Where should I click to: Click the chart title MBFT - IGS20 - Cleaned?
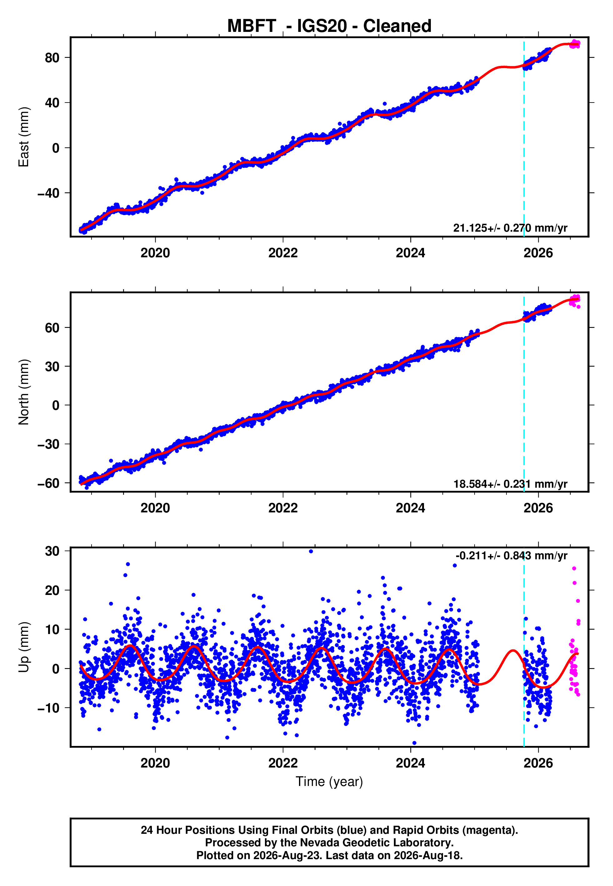pos(329,26)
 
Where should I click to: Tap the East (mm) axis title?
pos(24,137)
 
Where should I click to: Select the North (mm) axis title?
pos(24,392)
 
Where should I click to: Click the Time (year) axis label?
pos(329,782)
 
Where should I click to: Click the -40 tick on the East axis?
pos(48,193)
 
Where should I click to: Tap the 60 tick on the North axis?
pos(52,328)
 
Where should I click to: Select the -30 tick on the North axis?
pos(48,444)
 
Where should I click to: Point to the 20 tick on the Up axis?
pos(52,590)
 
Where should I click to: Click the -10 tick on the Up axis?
pos(48,708)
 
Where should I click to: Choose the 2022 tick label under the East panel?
pos(283,253)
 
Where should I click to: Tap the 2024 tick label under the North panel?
pos(411,508)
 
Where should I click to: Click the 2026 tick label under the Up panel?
pos(538,763)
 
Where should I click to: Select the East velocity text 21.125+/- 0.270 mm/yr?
pos(510,228)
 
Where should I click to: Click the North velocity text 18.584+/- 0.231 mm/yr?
pos(510,484)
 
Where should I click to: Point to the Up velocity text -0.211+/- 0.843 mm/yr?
pos(511,556)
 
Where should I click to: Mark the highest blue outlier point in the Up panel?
pos(311,551)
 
